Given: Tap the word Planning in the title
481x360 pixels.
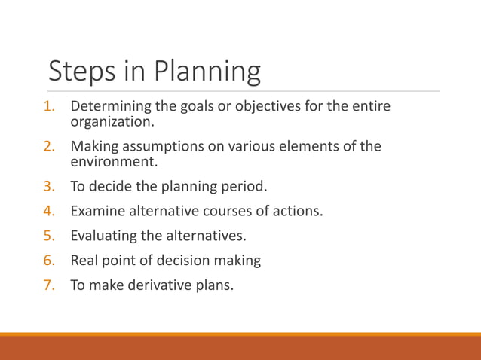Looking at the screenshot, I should tap(207, 72).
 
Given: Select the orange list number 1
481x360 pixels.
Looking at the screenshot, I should tap(49, 106).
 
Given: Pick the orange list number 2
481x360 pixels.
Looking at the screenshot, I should tap(49, 146).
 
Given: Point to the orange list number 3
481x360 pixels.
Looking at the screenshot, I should tap(49, 185).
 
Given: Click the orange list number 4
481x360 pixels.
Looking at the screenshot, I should tap(49, 210).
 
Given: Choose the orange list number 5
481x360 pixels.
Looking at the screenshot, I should tap(49, 236).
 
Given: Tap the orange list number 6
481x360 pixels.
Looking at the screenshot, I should tap(49, 261).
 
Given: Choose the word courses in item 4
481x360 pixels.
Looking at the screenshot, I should tap(230, 211).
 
